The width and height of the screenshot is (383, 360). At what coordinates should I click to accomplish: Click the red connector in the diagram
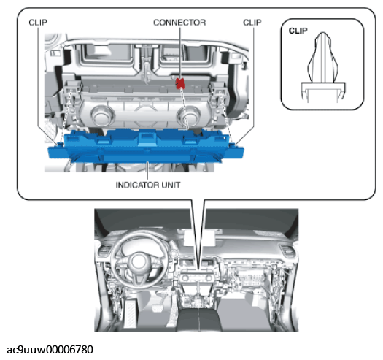tap(179, 84)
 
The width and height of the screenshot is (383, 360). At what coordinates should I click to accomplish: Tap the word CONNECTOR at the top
tap(179, 23)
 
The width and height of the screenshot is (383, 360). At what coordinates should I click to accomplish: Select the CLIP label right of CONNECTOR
tap(252, 23)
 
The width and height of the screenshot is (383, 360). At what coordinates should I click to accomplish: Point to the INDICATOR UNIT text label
tap(148, 185)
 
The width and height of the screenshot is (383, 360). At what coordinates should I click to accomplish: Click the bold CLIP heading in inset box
tap(298, 31)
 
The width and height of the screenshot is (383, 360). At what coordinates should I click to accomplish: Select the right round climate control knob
tap(192, 117)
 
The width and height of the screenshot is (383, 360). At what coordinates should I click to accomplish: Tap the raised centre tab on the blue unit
tap(147, 137)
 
